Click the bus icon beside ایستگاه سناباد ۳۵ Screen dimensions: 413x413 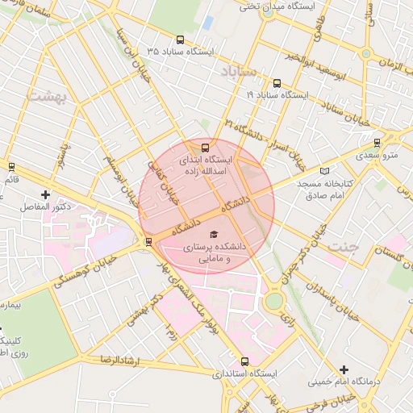[x=179, y=39]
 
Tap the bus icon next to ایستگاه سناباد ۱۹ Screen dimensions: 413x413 [x=277, y=82]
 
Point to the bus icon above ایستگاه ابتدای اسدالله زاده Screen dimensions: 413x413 [x=205, y=148]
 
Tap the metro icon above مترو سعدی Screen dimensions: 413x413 [x=378, y=142]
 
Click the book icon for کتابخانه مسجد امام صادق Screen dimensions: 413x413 [x=325, y=171]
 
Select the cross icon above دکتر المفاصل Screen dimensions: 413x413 [x=45, y=194]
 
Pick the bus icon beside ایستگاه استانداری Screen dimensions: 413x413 [x=245, y=361]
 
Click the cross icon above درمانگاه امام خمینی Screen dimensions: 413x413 [x=344, y=369]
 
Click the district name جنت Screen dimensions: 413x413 [x=343, y=248]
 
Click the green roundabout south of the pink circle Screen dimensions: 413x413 [x=274, y=301]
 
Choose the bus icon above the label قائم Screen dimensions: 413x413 [x=11, y=167]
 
